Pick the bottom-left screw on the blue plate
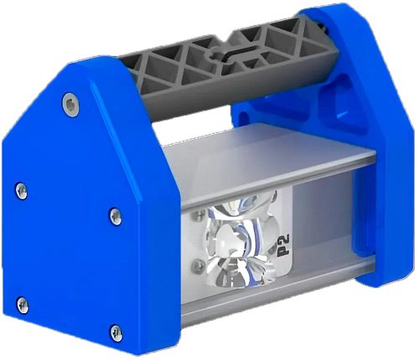point(23,304)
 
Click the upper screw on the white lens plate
point(199,217)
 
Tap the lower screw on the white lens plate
point(198,265)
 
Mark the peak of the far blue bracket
point(327,10)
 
